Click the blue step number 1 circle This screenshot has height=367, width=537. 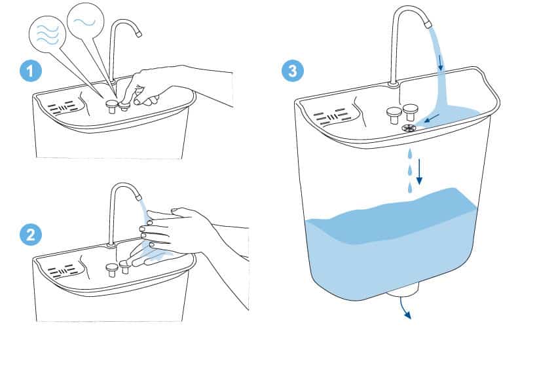tap(31, 71)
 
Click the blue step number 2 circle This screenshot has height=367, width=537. tap(31, 235)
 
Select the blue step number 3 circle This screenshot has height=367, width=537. tap(293, 71)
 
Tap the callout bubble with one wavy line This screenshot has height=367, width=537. tap(85, 22)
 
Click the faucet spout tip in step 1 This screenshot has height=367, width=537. tap(138, 34)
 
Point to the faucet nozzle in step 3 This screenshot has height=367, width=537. tap(428, 25)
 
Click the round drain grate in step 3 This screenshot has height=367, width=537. tap(409, 128)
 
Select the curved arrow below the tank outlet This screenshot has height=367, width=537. tap(405, 309)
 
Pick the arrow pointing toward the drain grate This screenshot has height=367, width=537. tap(431, 118)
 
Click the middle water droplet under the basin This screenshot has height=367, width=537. tap(409, 170)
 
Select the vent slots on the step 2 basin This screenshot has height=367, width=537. tap(63, 272)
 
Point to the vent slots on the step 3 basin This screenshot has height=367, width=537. tap(331, 117)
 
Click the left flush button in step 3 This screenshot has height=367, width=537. tap(394, 115)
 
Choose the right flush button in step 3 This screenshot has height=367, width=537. tap(411, 113)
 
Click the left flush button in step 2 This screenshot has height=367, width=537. tap(111, 270)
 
